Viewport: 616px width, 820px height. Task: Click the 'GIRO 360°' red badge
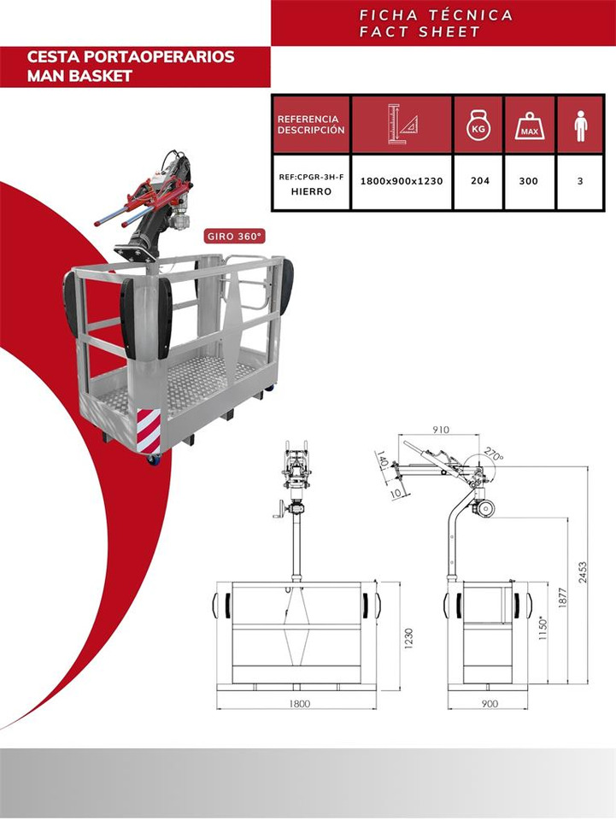(234, 237)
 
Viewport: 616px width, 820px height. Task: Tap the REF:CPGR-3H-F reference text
(311, 178)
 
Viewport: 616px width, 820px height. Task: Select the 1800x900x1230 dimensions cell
(402, 181)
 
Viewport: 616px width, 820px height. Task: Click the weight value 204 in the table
(479, 180)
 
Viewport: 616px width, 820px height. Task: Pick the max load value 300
(528, 181)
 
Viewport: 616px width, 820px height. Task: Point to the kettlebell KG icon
(478, 125)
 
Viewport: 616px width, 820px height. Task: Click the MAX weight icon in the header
(529, 126)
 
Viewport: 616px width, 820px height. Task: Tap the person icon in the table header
(580, 126)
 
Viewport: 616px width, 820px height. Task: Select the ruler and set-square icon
(402, 124)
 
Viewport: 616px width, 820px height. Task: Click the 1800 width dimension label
(300, 703)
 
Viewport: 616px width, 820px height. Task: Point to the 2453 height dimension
(582, 572)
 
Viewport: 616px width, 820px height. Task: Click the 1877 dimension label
(563, 598)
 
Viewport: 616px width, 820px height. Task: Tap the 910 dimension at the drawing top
(440, 430)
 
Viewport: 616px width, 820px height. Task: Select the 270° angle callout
(494, 454)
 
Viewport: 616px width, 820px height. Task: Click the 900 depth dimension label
(490, 703)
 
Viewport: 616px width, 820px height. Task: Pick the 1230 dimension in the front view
(409, 639)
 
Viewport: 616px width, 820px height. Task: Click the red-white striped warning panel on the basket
(149, 430)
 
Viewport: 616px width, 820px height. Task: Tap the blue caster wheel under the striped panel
(154, 460)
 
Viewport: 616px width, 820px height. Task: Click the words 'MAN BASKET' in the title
(79, 76)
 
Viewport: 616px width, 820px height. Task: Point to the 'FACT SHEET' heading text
(419, 32)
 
